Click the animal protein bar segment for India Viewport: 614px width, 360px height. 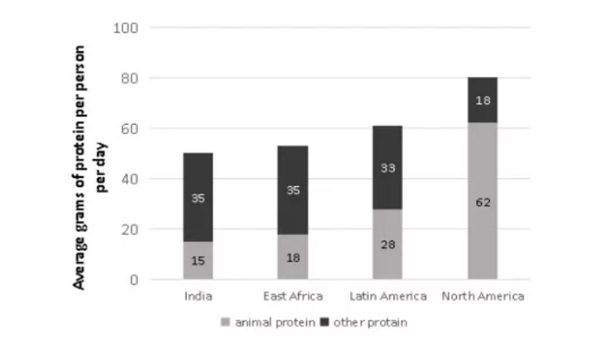point(197,260)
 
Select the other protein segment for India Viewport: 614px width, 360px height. point(197,197)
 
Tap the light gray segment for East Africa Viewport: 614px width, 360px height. point(293,257)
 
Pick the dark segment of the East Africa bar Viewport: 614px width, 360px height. point(293,190)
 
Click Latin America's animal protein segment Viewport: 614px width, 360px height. point(387,245)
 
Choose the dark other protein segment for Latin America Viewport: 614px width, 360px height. point(387,168)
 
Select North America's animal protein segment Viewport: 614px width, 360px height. point(482,201)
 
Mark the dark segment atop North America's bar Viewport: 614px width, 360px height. point(482,100)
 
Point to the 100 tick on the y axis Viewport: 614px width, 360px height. point(127,28)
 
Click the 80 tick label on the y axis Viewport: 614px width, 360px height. point(130,79)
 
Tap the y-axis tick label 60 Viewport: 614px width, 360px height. point(130,129)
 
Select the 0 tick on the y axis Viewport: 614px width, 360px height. point(134,280)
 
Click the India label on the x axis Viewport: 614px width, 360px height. point(197,296)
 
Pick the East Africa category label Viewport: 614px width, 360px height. point(293,296)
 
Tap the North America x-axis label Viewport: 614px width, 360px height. point(482,296)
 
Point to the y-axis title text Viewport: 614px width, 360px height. point(92,166)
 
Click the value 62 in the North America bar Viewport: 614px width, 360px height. point(482,202)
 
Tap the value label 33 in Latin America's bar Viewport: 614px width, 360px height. point(387,168)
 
